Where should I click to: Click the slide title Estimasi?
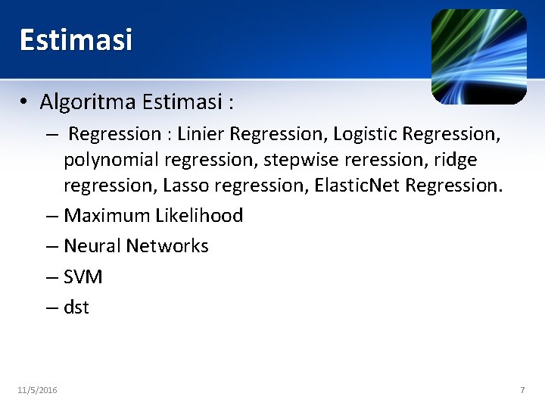click(x=76, y=39)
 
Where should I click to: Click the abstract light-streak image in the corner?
click(x=478, y=56)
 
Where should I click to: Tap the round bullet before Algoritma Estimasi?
click(x=25, y=101)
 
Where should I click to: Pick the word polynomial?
click(x=111, y=160)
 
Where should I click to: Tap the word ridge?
click(x=456, y=160)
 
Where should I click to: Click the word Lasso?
click(x=188, y=186)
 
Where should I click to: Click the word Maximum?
click(x=107, y=216)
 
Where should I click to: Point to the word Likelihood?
click(x=199, y=216)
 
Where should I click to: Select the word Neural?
click(x=92, y=246)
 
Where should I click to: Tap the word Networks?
click(x=167, y=246)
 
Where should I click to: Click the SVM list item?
click(x=83, y=277)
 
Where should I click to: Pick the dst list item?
click(x=76, y=308)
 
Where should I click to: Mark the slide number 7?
click(x=522, y=390)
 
